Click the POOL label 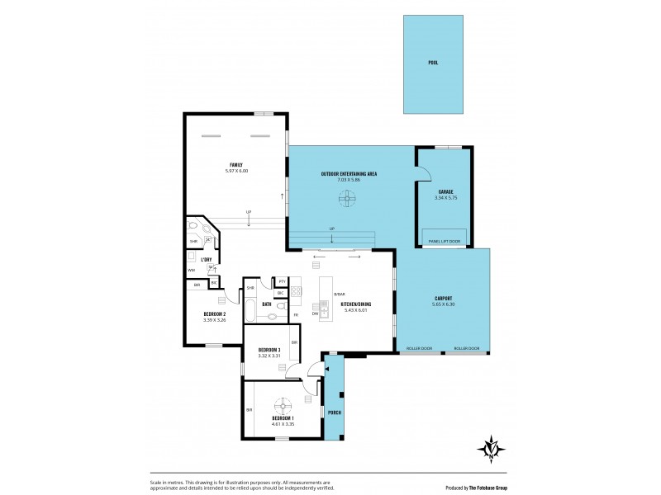coord(433,63)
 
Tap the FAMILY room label coord(236,164)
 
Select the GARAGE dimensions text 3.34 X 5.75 coord(446,198)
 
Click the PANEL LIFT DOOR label coord(445,241)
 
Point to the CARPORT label coord(443,298)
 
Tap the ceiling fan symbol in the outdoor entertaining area coord(348,198)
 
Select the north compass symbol coord(492,448)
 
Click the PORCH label coord(335,412)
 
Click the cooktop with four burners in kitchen coord(296,291)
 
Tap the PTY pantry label coord(282,281)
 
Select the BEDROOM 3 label coord(269,349)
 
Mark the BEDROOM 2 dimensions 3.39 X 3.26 coord(215,320)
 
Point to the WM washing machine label coord(192,270)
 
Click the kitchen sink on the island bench coord(324,312)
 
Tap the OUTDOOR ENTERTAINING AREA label coord(349,174)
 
